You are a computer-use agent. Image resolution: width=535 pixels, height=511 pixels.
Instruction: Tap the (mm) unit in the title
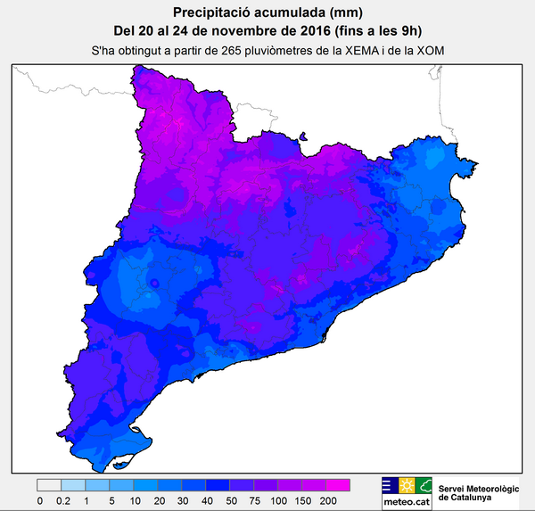click(x=319, y=12)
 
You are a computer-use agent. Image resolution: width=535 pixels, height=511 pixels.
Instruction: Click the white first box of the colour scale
click(x=49, y=486)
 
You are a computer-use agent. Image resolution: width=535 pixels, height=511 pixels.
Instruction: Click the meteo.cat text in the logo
click(x=407, y=502)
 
